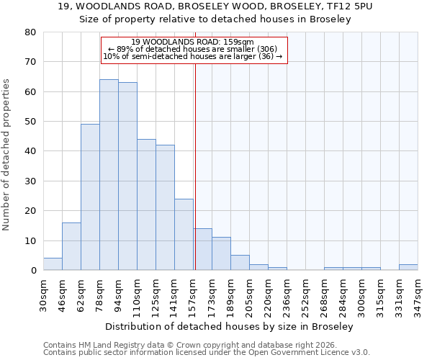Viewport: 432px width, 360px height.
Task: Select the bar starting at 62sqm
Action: (x=90, y=197)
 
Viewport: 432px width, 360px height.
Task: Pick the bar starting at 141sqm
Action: (x=184, y=235)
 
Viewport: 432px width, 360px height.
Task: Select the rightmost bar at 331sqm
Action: (x=408, y=267)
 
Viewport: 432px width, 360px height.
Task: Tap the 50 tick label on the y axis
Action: (x=30, y=122)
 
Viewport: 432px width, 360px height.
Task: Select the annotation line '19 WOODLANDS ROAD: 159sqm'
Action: (x=193, y=42)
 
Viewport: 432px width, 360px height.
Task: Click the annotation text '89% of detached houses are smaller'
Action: (x=193, y=49)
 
